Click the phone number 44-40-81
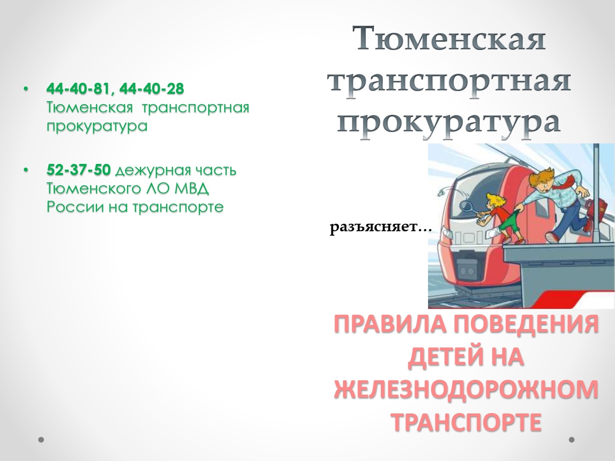coord(78,89)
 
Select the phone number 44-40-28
coord(152,89)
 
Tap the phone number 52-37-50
coord(79,170)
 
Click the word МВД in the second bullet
coord(191,188)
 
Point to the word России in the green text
coord(75,207)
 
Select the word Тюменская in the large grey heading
coord(449,38)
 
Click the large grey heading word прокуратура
coord(449,123)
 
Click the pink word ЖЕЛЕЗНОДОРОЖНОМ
coord(466,389)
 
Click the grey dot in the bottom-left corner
coord(41,440)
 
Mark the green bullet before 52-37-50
coord(26,170)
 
